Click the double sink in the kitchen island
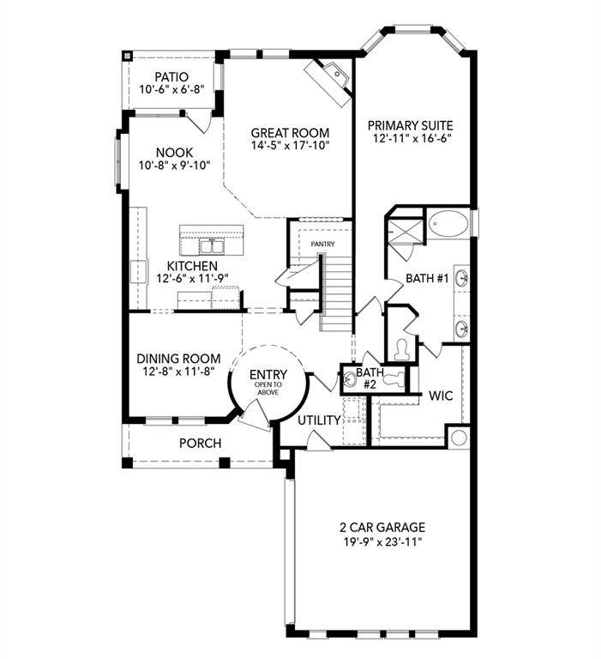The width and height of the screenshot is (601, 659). pyautogui.click(x=211, y=246)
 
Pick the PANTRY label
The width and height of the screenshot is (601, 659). pyautogui.click(x=322, y=245)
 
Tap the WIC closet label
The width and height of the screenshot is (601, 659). pyautogui.click(x=441, y=396)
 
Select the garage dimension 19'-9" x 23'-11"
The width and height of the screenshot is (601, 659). pyautogui.click(x=382, y=541)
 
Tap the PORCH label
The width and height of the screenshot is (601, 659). pyautogui.click(x=200, y=444)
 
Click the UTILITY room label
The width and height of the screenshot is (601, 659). pyautogui.click(x=319, y=420)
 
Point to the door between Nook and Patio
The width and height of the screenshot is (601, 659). pyautogui.click(x=198, y=122)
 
